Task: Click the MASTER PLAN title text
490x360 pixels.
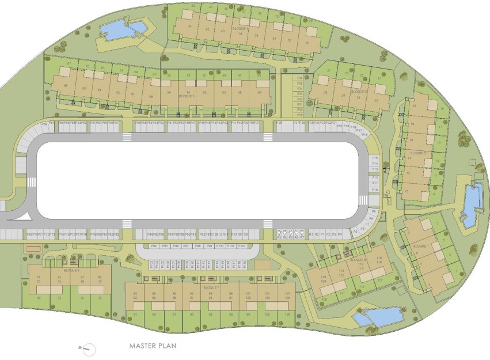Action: point(152,346)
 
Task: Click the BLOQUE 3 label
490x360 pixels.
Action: point(358,92)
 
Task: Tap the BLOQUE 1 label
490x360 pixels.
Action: point(421,246)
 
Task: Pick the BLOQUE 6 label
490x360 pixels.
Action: point(71,270)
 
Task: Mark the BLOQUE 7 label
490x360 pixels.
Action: point(211,287)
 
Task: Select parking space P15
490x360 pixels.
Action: point(375,157)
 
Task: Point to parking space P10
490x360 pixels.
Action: point(375,190)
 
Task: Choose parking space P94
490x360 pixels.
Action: point(154,246)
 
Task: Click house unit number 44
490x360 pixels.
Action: point(189,26)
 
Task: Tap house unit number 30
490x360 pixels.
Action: point(308,43)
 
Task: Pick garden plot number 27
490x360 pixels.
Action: point(329,71)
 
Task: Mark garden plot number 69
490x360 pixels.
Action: point(39,298)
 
